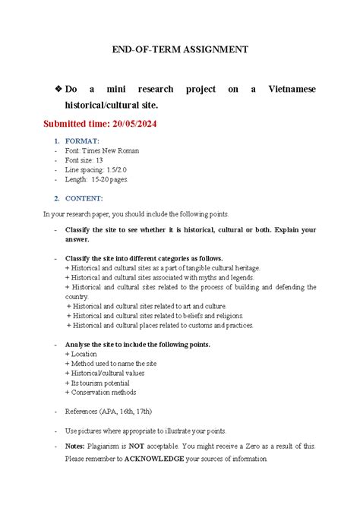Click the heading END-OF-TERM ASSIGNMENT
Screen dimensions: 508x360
click(x=180, y=49)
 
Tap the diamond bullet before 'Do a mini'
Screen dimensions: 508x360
click(x=58, y=90)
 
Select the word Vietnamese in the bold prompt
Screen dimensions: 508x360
click(x=292, y=90)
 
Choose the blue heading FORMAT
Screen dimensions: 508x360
click(x=82, y=141)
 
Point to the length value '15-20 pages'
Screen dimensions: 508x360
click(x=111, y=180)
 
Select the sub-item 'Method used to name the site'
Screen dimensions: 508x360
click(x=114, y=364)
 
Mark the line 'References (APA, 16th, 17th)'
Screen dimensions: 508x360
click(x=109, y=412)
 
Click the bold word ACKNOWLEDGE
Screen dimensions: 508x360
click(x=144, y=459)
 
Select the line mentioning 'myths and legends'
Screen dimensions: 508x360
click(x=163, y=278)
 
